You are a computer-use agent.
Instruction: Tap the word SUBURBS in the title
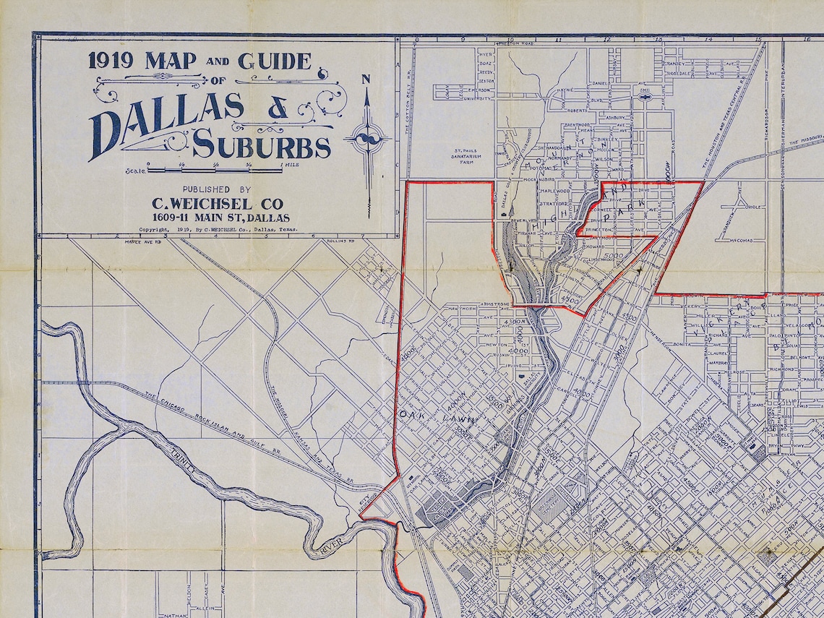[262, 146]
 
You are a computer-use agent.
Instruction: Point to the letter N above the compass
[366, 80]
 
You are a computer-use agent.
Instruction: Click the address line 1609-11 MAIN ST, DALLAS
[220, 218]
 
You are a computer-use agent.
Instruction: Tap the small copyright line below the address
[218, 230]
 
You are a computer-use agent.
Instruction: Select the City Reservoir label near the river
[369, 499]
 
